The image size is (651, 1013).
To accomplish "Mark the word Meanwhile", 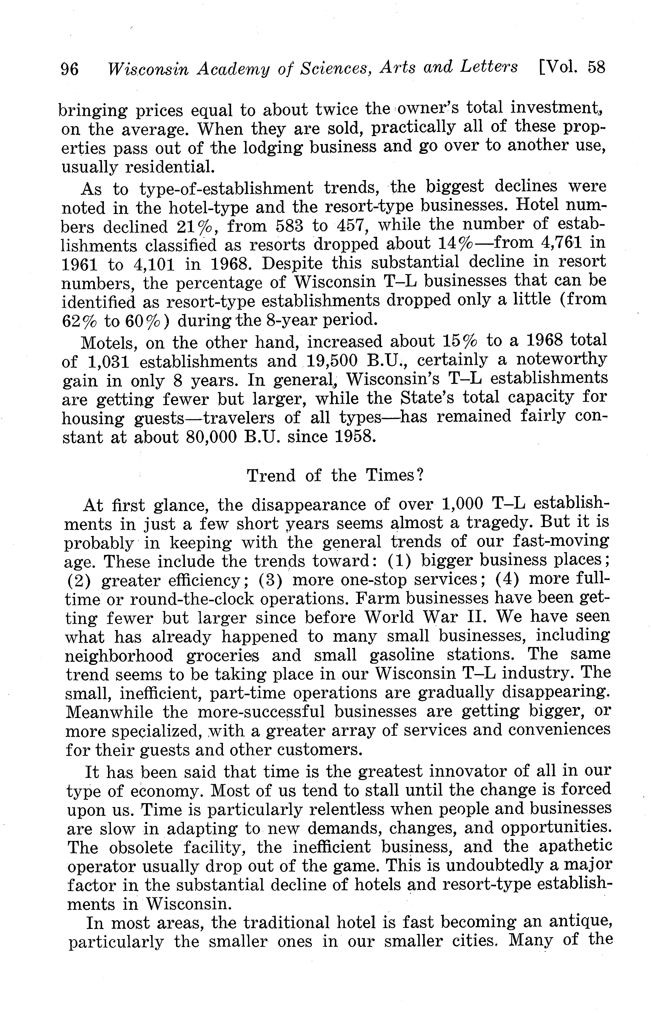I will coord(109,712).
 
